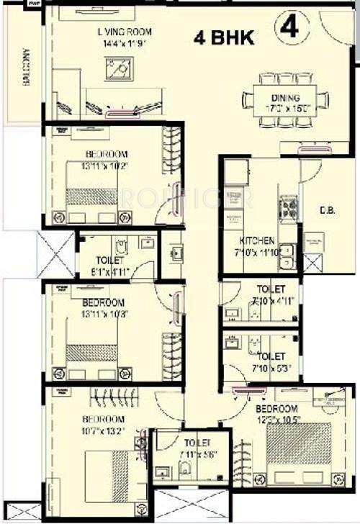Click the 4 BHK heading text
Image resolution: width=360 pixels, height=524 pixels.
coord(223,37)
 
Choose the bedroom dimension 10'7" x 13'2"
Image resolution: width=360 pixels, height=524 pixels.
coord(104,430)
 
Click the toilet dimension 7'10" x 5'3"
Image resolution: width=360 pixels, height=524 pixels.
coord(270,369)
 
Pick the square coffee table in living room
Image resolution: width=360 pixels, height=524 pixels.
coord(118,71)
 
